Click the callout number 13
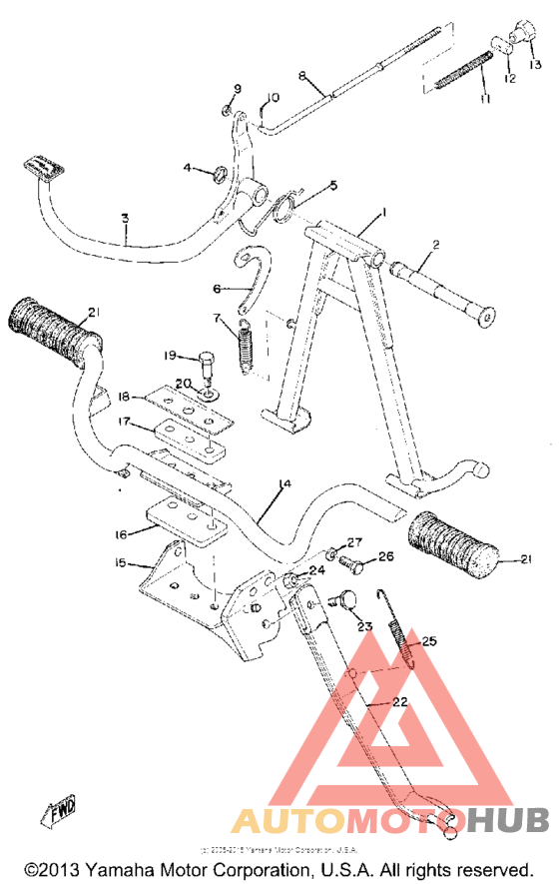(x=531, y=64)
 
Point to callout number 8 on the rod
(x=301, y=76)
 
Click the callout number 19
(x=170, y=355)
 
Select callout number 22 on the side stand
(x=399, y=702)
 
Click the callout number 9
(x=238, y=89)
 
